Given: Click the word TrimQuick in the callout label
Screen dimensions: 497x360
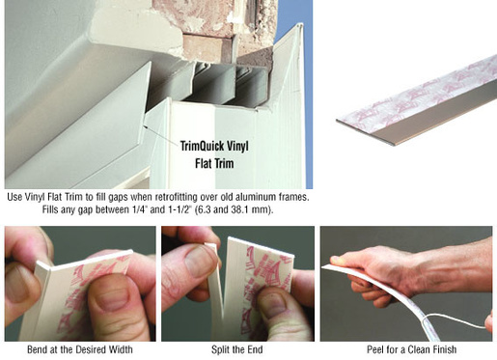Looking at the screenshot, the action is (202, 147).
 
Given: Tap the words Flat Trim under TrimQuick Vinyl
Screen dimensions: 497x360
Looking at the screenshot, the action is (214, 163).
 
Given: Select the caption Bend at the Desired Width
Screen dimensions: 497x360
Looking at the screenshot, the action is (80, 349).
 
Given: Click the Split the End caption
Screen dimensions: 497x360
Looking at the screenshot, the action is (237, 349).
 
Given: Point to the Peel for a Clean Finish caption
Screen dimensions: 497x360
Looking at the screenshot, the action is (412, 349).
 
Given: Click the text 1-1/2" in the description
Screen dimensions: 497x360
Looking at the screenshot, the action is (179, 209).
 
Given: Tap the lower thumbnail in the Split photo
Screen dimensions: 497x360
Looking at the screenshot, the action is (273, 305).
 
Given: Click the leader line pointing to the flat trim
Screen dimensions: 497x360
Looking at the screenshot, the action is (161, 135).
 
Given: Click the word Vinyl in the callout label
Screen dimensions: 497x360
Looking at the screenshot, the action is (238, 147).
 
